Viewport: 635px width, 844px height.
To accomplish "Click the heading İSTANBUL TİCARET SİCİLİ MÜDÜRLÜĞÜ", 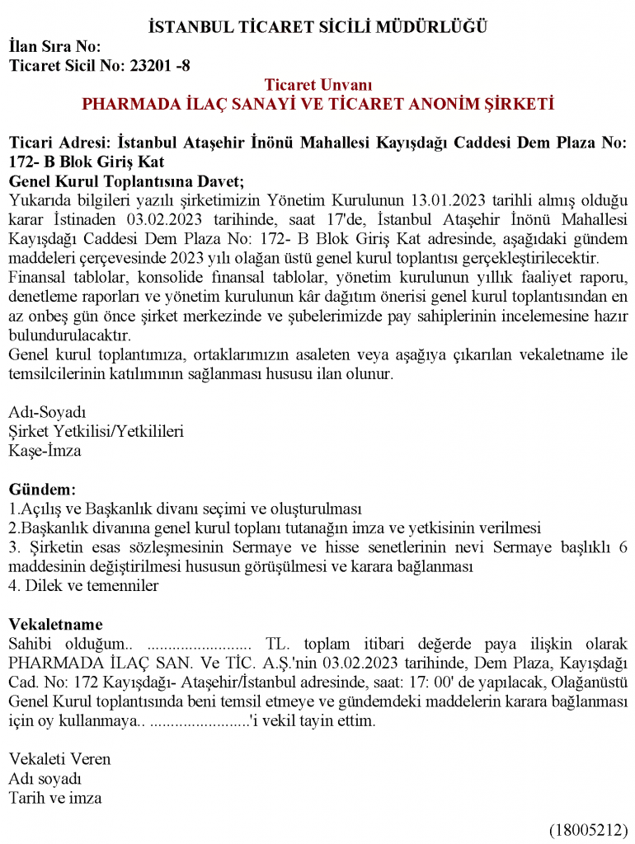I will click(317, 27).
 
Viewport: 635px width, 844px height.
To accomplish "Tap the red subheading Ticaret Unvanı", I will click(318, 85).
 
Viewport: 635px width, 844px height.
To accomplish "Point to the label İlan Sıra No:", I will click(54, 47).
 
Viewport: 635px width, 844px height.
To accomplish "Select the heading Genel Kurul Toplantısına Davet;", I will click(127, 181).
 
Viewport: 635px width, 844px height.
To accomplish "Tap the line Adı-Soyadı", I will click(47, 411).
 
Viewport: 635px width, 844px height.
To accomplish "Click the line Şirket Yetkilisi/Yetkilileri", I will click(96, 431).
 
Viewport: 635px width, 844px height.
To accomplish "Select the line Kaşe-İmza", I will click(45, 451).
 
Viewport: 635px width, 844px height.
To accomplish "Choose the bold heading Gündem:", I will click(42, 490).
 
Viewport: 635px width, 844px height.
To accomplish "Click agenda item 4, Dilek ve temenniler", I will click(83, 586).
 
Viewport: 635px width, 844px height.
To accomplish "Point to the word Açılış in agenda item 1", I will click(37, 509).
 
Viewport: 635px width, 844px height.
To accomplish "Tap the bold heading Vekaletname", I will click(55, 625).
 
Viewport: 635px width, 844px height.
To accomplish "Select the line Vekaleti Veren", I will click(59, 759).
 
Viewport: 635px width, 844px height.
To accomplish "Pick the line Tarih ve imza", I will click(55, 798).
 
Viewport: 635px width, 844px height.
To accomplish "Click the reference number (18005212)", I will click(589, 829).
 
